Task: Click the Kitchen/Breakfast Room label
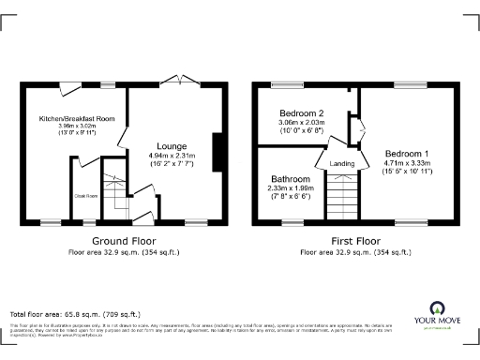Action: click(x=77, y=119)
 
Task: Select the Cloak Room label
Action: click(x=85, y=196)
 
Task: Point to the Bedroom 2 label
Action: click(x=301, y=112)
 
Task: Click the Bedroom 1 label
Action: click(x=408, y=153)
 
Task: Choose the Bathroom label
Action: click(x=290, y=178)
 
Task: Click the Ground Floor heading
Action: click(x=122, y=241)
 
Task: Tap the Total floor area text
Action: click(x=75, y=313)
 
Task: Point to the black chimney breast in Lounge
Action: click(x=217, y=153)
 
